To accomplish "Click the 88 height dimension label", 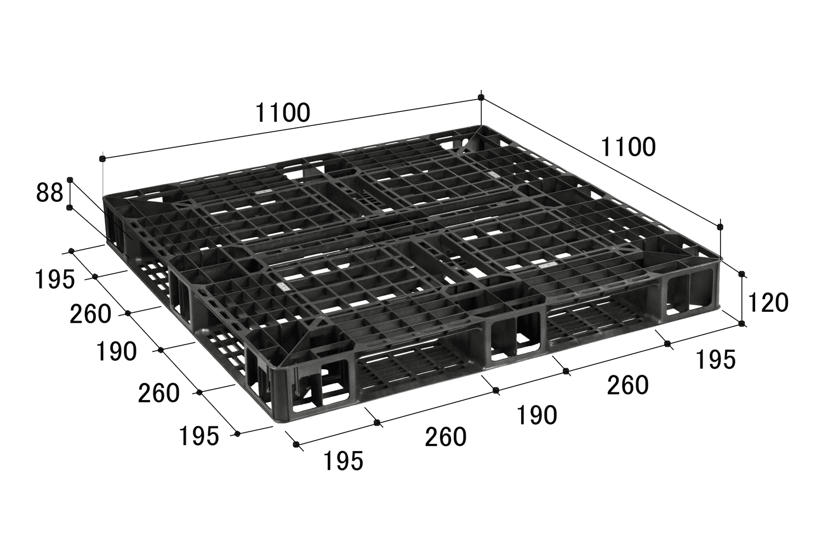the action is pos(49,193).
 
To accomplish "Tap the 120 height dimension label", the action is pos(768,303).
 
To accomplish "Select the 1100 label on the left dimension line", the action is pos(283,113).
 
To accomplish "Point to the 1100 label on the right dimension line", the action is pos(628,147).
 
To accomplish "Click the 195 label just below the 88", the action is pos(55,279).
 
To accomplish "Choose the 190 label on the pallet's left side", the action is pos(116,352).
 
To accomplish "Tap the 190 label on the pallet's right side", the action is pos(537,415).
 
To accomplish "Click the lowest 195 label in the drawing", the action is pos(343,461).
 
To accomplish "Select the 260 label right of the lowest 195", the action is pos(446,437).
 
